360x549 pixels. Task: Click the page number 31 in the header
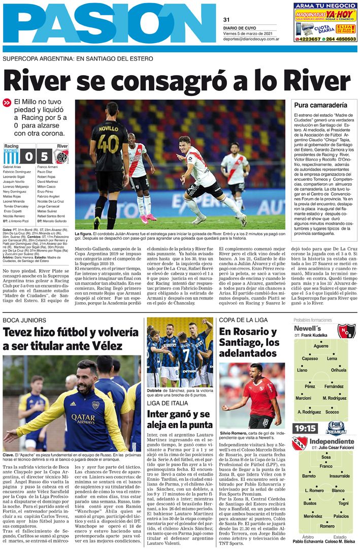[226, 20]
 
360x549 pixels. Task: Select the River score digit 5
[45, 156]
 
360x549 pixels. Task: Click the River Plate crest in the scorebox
[61, 156]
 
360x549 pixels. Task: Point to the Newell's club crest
[346, 331]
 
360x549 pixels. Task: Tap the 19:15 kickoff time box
[305, 428]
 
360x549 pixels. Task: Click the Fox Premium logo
[336, 428]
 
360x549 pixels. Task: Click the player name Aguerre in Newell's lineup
[321, 346]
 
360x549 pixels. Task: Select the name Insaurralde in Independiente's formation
[339, 476]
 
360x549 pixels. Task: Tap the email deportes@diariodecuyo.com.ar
[252, 38]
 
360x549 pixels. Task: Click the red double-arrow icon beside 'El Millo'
[7, 103]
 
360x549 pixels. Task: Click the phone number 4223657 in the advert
[308, 39]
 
